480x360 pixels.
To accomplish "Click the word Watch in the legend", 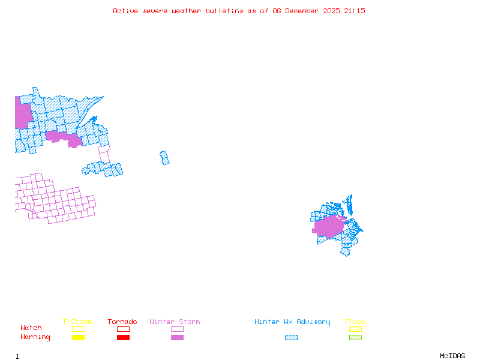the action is coord(31,328).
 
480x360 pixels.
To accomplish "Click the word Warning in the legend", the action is coord(35,337).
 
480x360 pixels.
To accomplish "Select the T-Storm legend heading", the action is coord(77,322).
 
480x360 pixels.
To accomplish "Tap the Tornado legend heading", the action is coord(122,322).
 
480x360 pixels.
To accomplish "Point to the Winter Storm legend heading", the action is coord(175,322).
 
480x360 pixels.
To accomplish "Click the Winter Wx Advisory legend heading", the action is coord(292,322).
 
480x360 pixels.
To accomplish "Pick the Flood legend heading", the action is coord(355,322).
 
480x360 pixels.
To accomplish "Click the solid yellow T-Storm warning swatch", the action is coord(78,338).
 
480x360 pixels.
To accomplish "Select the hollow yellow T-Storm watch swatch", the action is coord(78,329).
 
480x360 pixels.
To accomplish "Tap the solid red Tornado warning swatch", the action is coord(123,338).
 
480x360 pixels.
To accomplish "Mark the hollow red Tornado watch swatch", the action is coord(123,329).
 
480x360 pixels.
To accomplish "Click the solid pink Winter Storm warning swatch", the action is coord(177,338).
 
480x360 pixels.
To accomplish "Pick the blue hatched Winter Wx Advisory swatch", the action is coord(291,338).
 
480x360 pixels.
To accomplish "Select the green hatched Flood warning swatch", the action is coord(355,338).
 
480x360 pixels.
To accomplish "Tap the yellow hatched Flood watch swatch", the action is coord(355,329).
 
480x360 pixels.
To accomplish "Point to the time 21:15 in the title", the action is coord(353,11).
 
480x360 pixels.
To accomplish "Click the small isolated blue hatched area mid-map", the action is coord(164,158).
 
